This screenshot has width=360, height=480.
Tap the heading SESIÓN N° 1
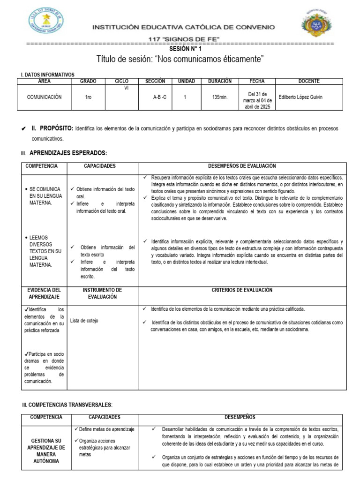click(180, 48)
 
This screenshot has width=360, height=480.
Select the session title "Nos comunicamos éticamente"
click(180, 59)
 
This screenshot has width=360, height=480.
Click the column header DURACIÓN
click(219, 81)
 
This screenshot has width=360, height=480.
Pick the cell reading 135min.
click(219, 97)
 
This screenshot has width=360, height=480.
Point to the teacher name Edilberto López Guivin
click(300, 97)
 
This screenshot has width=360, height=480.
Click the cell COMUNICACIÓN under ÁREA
click(44, 97)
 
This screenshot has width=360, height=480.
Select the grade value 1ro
click(88, 97)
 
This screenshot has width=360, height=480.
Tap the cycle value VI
click(126, 88)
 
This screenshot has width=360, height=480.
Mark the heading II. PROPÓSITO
click(52, 128)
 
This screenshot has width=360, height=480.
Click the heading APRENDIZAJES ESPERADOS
click(68, 153)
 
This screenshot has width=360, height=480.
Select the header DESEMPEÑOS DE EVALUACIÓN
click(242, 166)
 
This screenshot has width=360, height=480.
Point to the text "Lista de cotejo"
click(84, 321)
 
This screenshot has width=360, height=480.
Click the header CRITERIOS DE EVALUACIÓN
click(242, 290)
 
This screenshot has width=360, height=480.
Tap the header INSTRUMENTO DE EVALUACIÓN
click(102, 293)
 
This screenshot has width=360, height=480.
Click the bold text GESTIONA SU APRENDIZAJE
click(45, 444)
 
